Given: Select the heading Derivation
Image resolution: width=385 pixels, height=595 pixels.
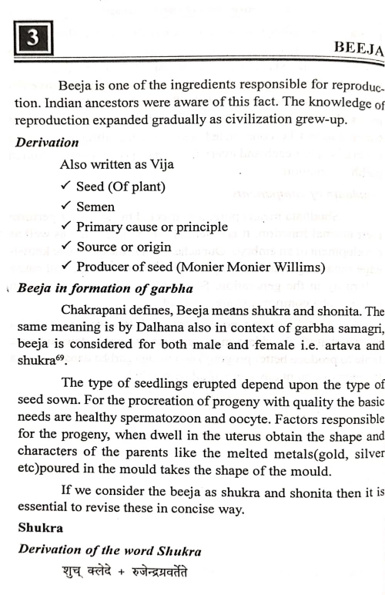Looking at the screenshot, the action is point(45,143).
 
